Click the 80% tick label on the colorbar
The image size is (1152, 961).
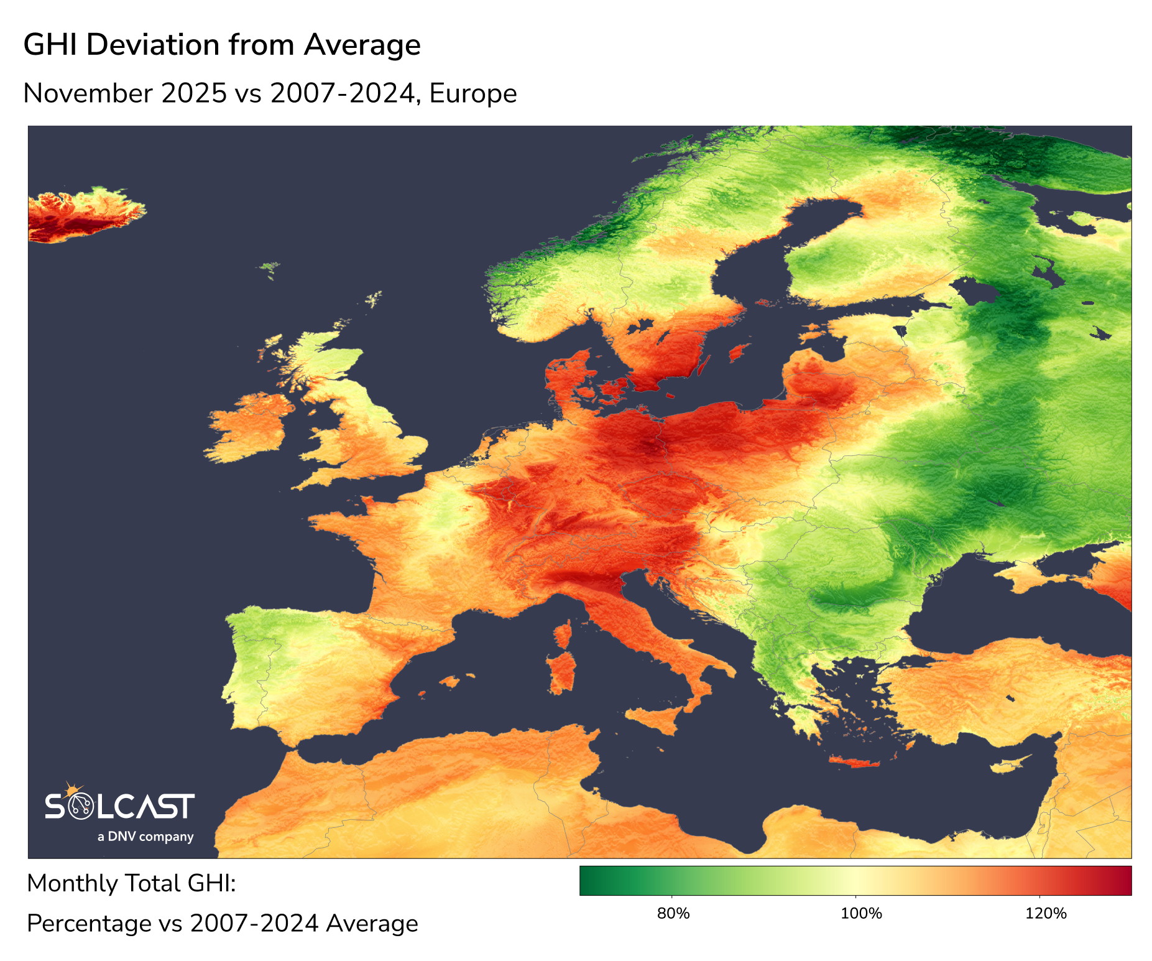click(673, 913)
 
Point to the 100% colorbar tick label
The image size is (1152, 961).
click(861, 913)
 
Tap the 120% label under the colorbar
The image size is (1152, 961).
click(1046, 913)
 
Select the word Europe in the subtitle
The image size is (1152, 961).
click(472, 94)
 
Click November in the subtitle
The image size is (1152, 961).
click(88, 94)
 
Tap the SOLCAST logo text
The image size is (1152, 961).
click(119, 807)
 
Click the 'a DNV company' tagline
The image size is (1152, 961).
click(145, 837)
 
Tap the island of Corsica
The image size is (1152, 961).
click(563, 636)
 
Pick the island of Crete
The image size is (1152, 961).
click(855, 762)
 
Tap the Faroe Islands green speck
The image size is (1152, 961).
click(269, 268)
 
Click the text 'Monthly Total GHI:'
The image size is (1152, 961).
click(131, 883)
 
